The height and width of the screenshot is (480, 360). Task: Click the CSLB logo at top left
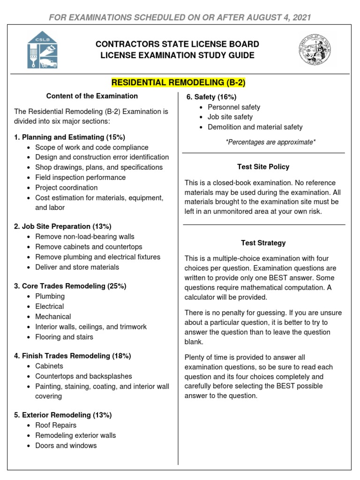[x=42, y=50]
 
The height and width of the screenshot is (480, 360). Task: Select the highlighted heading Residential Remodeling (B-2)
[x=178, y=83]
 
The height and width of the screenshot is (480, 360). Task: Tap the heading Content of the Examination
[x=92, y=96]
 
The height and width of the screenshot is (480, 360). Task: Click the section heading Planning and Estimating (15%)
[x=70, y=137]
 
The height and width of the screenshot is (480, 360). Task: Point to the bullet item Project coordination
[x=66, y=187]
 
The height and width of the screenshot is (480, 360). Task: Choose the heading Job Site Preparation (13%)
[x=63, y=226]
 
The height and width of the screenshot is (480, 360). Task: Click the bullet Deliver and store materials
[x=77, y=267]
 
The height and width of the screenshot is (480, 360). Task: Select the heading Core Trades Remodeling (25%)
[x=70, y=286]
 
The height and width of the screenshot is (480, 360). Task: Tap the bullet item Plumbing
[x=50, y=296]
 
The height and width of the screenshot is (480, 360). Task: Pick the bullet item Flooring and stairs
[x=64, y=337]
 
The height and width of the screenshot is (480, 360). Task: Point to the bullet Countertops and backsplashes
[x=83, y=376]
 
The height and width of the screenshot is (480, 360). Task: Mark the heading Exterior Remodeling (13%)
[x=63, y=415]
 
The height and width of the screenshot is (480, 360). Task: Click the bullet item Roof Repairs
[x=56, y=425]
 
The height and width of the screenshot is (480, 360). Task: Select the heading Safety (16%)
[x=208, y=97]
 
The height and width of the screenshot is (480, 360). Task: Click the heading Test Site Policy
[x=263, y=167]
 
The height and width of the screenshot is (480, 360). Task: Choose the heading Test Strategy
[x=263, y=243]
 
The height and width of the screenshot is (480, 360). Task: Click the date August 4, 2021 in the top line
[x=276, y=17]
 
